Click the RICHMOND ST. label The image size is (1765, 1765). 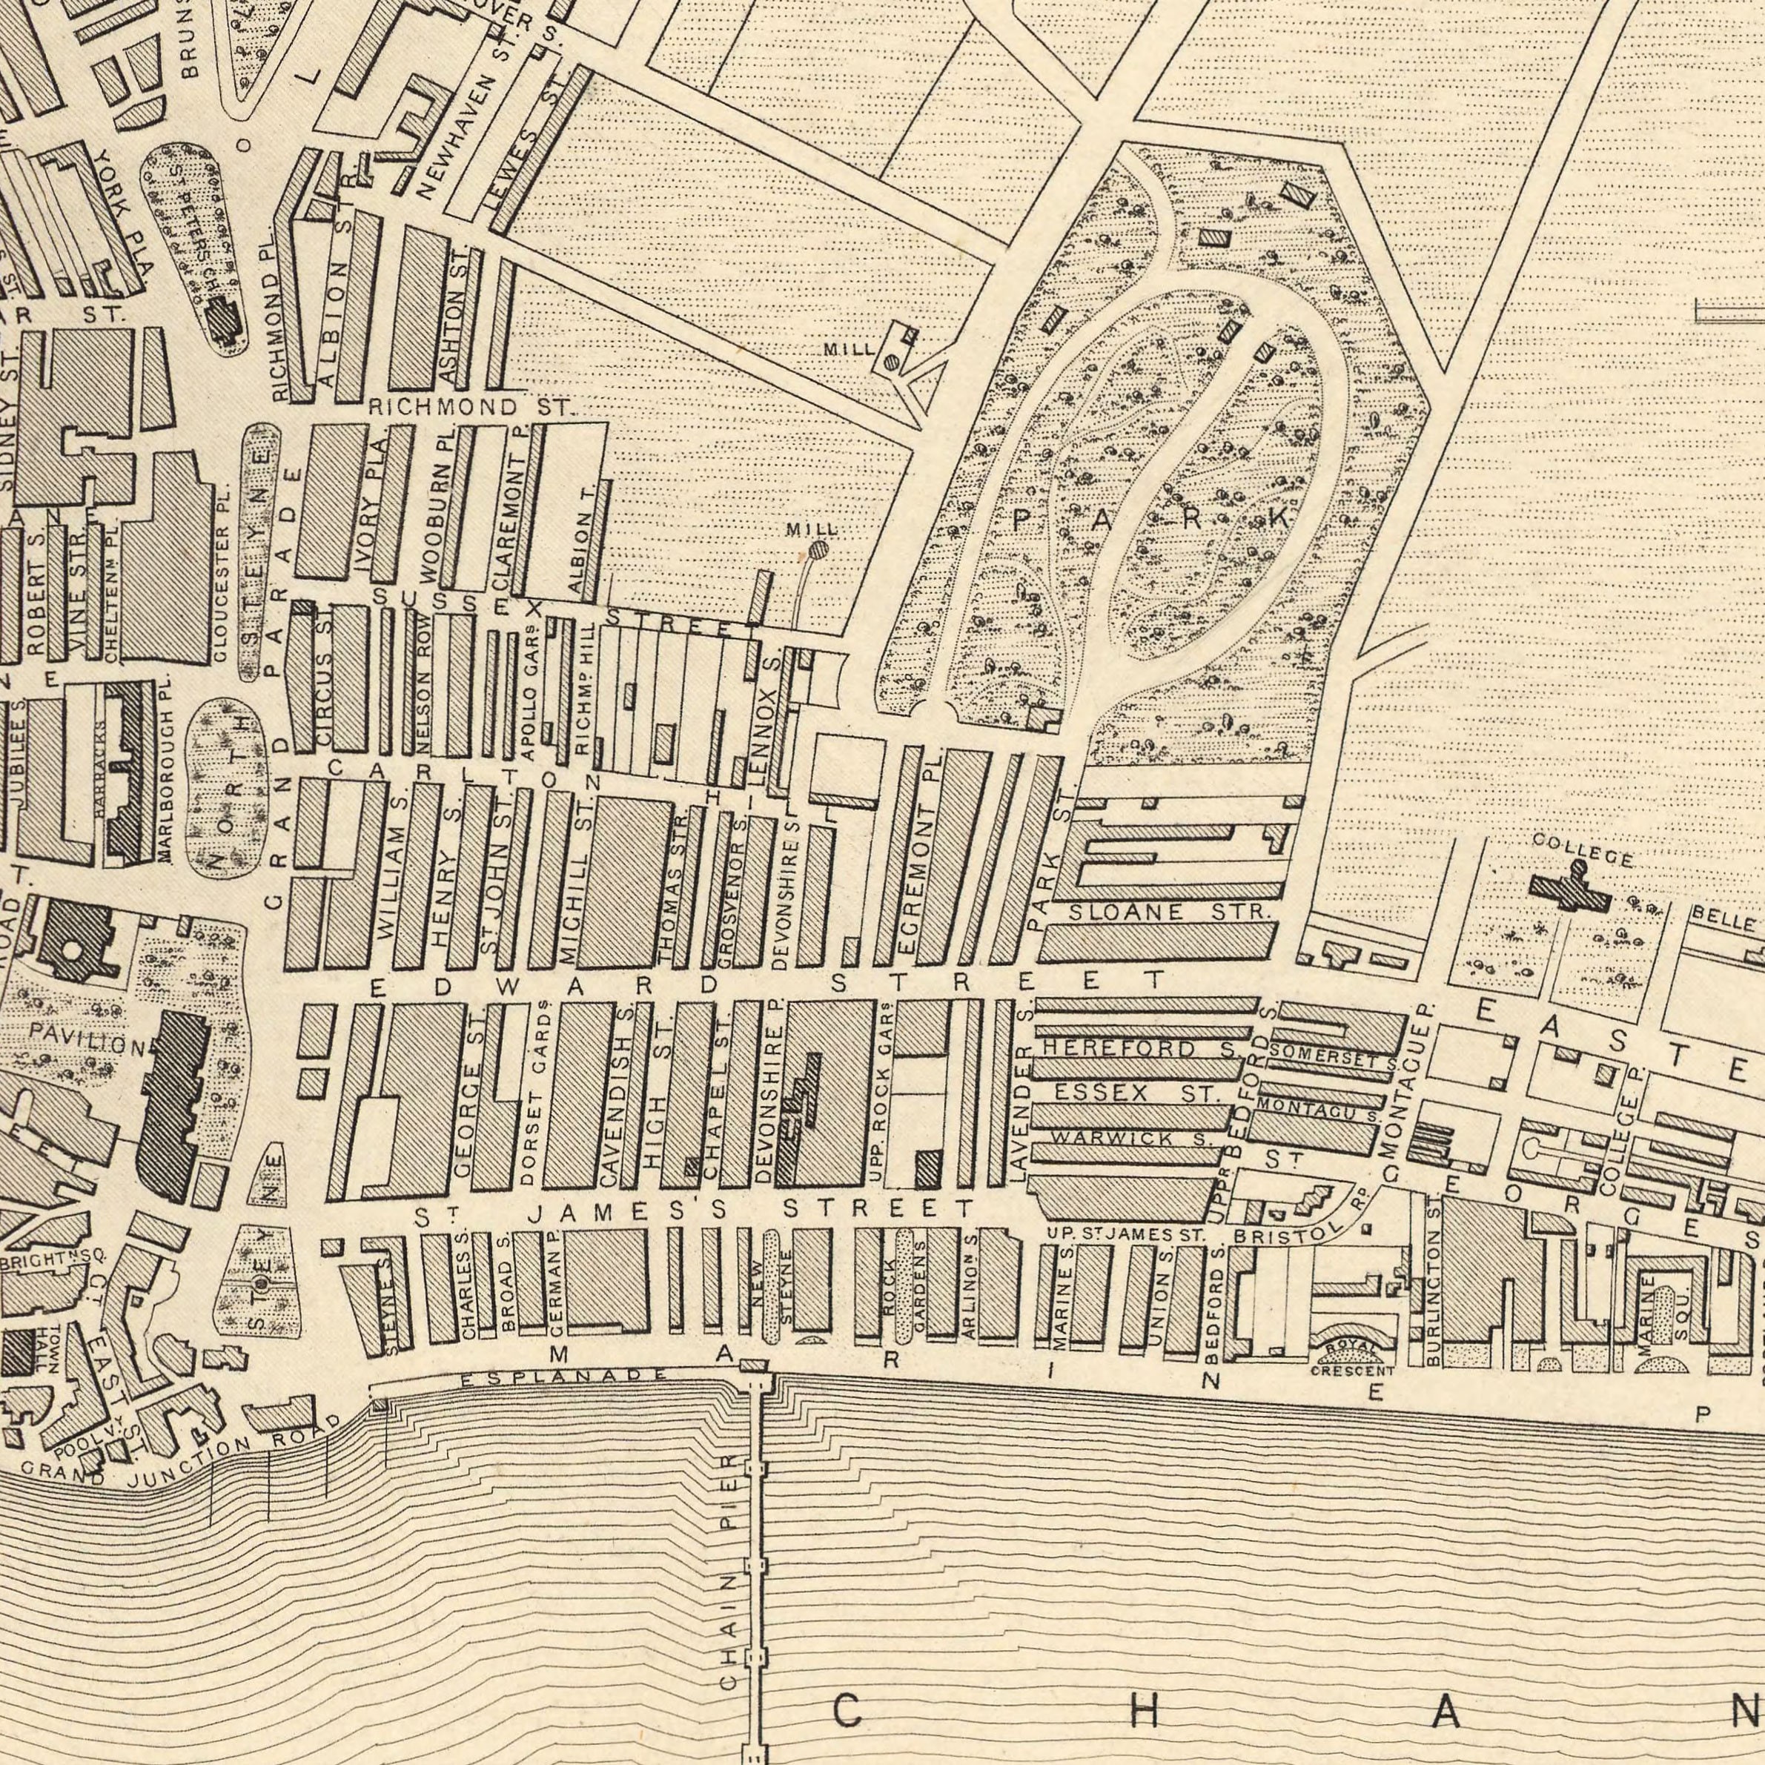(x=468, y=405)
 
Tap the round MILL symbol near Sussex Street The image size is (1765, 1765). (x=818, y=550)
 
